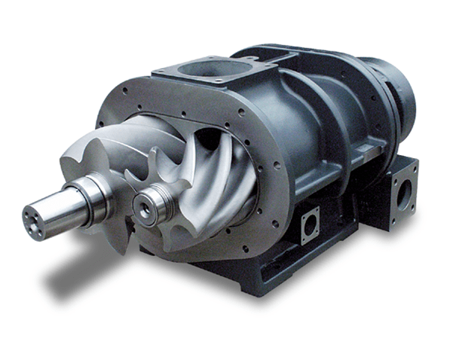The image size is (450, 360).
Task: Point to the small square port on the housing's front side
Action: click(x=309, y=222)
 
